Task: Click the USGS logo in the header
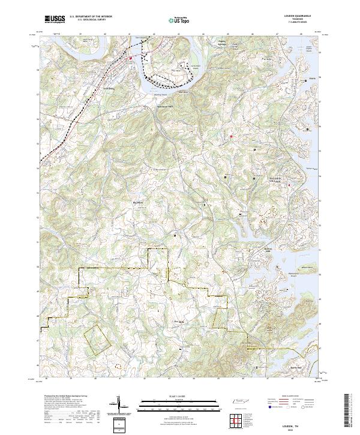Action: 55,19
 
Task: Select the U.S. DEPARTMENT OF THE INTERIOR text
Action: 91,17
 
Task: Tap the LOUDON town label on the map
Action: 109,88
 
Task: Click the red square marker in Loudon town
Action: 131,58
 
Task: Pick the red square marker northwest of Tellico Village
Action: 231,136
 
